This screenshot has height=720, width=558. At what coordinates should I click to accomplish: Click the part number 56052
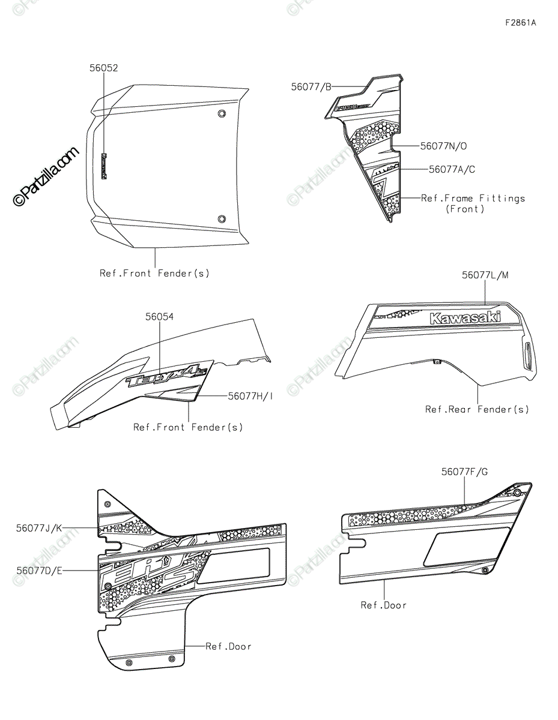tap(103, 68)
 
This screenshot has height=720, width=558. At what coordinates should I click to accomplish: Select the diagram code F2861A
tap(520, 23)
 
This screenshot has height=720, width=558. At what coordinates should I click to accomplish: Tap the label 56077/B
tap(311, 86)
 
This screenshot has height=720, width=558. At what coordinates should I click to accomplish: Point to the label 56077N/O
tap(443, 146)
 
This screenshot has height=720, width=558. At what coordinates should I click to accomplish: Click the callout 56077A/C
tap(451, 170)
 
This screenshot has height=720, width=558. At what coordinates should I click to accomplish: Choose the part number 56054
tap(159, 316)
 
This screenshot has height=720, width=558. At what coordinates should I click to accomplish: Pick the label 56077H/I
tap(250, 396)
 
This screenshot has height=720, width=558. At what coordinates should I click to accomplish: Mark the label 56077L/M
tap(485, 275)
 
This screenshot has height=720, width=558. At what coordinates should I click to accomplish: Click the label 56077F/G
tap(464, 472)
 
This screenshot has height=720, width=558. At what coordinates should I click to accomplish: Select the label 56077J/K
tap(39, 528)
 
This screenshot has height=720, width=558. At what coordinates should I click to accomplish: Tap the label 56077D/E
tap(39, 570)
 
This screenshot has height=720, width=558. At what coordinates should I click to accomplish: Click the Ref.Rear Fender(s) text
tap(477, 409)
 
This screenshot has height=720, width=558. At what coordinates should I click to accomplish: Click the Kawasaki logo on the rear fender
tap(465, 317)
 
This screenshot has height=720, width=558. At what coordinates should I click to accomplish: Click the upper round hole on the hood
tap(222, 114)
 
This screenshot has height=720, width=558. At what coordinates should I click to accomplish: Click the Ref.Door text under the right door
tap(383, 605)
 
